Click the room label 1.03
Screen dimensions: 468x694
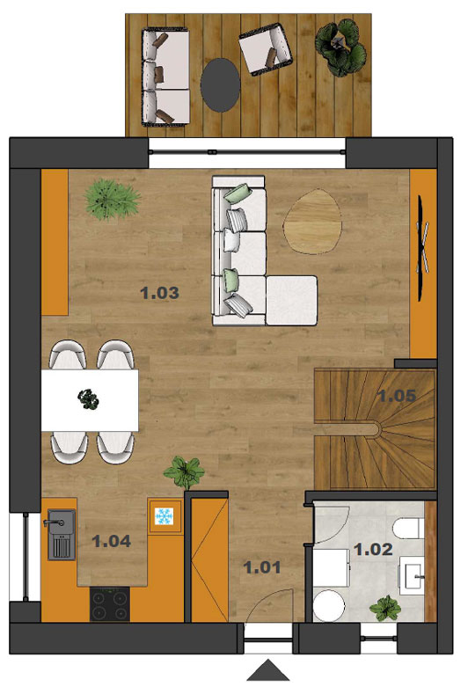coord(159,293)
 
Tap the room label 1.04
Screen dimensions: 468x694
coord(111,541)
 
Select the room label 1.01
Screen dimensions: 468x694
coord(262,567)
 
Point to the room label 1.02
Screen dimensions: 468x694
coord(373,549)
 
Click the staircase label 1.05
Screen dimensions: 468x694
coord(397,395)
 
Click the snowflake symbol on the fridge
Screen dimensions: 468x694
coord(164,516)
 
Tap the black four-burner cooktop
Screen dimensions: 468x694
coord(110,603)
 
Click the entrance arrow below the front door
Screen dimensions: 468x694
coord(268,669)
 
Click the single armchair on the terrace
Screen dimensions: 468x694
coord(265,48)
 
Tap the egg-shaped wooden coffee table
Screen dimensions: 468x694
coord(312,222)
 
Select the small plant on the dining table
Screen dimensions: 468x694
coord(89,398)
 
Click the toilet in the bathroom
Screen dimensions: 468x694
coord(408,529)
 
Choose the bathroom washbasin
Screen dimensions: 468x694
coord(412,575)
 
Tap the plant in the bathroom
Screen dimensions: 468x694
coord(385,608)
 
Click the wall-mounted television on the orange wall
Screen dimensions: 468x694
coord(422,248)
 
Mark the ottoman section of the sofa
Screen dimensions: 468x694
coord(292,301)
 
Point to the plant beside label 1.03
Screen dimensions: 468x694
coord(111,199)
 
